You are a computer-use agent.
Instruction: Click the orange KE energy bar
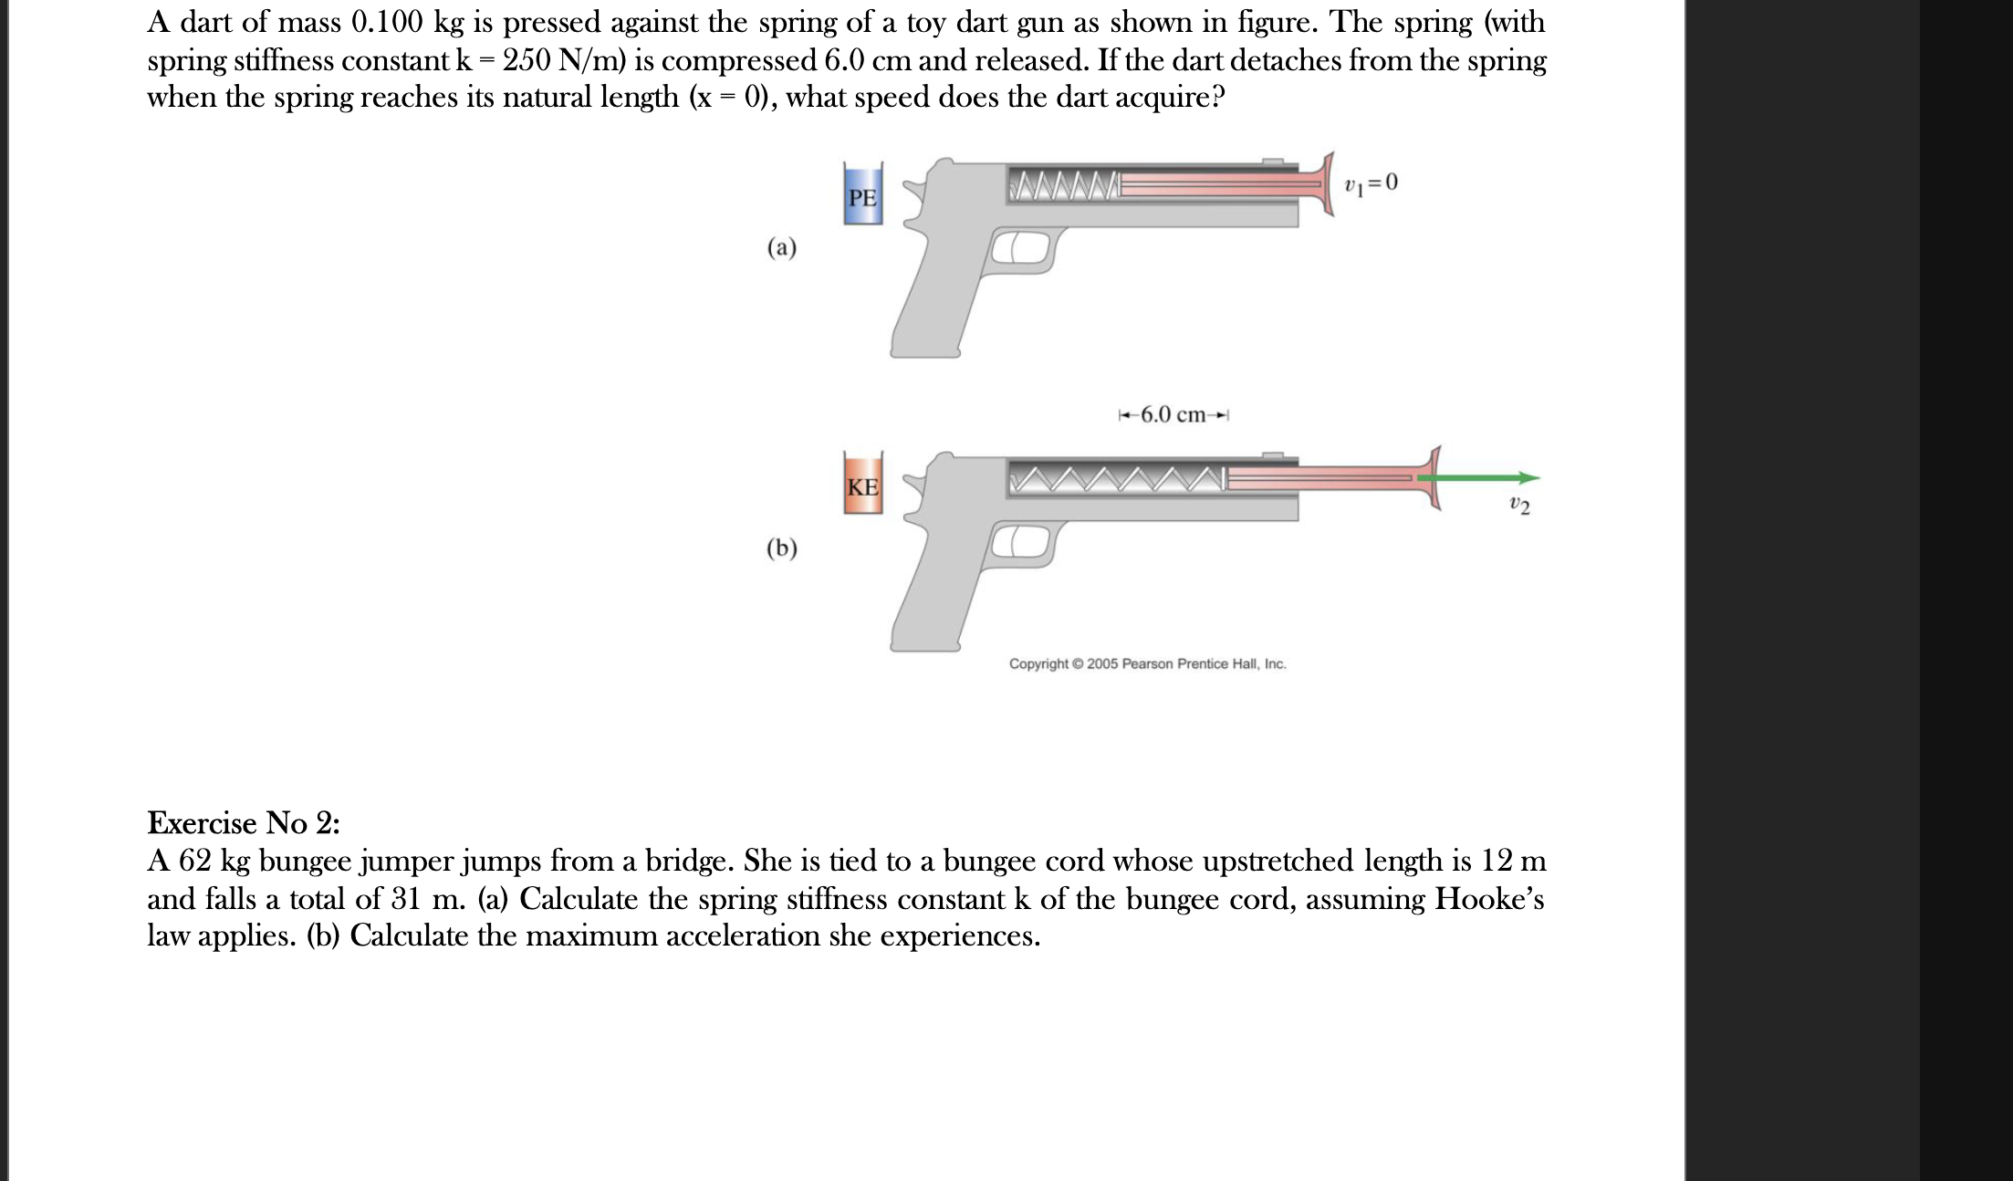(862, 485)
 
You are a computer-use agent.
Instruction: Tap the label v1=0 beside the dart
(1371, 183)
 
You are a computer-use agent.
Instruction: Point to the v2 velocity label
(1519, 504)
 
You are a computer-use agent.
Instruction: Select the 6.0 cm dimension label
(1173, 415)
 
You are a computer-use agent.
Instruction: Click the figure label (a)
(781, 247)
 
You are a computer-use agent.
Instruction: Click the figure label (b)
(781, 548)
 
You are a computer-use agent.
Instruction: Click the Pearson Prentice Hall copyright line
(1147, 664)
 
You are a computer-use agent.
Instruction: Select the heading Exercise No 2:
(244, 823)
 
